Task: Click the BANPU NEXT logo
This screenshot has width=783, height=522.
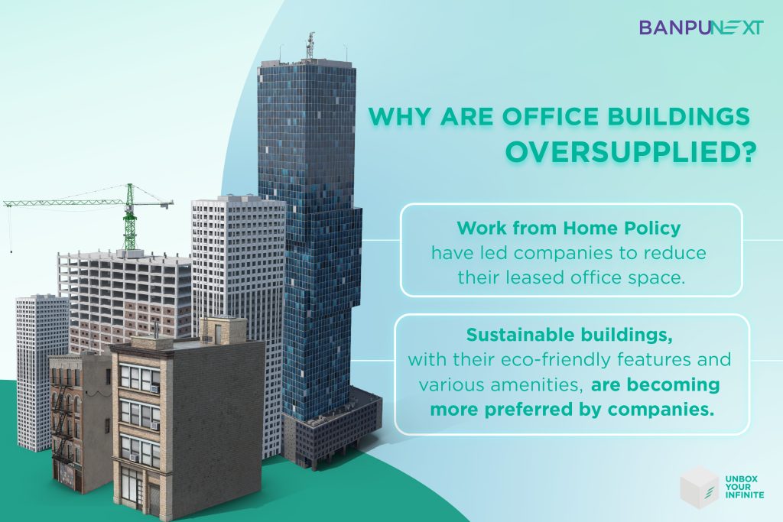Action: (701, 28)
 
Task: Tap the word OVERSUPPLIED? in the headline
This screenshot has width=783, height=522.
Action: (629, 153)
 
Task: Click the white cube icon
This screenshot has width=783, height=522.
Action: (699, 488)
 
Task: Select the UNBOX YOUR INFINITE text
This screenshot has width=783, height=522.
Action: (745, 487)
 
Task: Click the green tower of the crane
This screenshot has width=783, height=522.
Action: (130, 218)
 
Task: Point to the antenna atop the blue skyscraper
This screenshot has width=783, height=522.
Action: (310, 45)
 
